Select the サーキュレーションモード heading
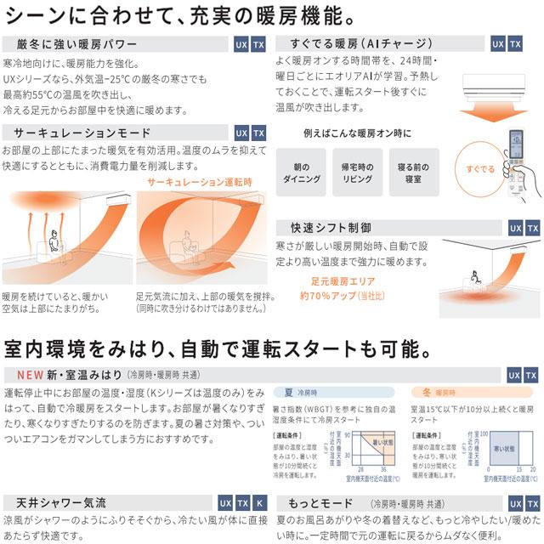coord(76,133)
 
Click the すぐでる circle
coord(483,169)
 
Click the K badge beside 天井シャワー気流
coord(260,503)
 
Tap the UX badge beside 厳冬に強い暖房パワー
coord(241,44)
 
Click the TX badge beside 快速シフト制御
coord(533,228)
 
